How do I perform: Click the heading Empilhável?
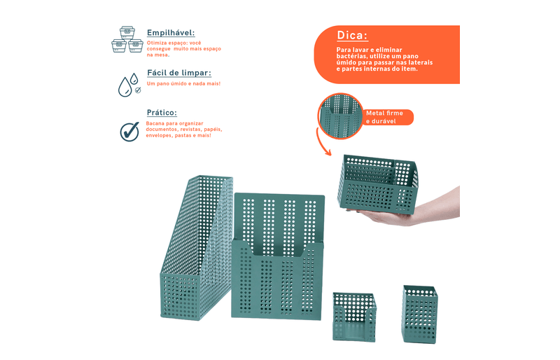pyautogui.click(x=171, y=32)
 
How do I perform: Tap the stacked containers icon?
pyautogui.click(x=127, y=39)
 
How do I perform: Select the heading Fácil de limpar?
pyautogui.click(x=179, y=73)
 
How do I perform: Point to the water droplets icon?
pyautogui.click(x=129, y=85)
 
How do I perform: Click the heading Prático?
pyautogui.click(x=162, y=112)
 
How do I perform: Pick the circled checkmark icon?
pyautogui.click(x=129, y=132)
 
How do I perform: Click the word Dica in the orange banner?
pyautogui.click(x=352, y=36)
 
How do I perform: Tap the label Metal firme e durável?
pyautogui.click(x=384, y=117)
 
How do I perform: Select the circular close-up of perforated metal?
pyautogui.click(x=340, y=116)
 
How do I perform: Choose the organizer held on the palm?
pyautogui.click(x=378, y=184)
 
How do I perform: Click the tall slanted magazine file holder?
pyautogui.click(x=197, y=247)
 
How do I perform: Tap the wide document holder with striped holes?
pyautogui.click(x=278, y=256)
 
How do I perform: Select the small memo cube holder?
pyautogui.click(x=354, y=317)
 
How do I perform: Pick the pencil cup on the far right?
pyautogui.click(x=419, y=314)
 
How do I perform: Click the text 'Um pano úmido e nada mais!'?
pyautogui.click(x=183, y=83)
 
